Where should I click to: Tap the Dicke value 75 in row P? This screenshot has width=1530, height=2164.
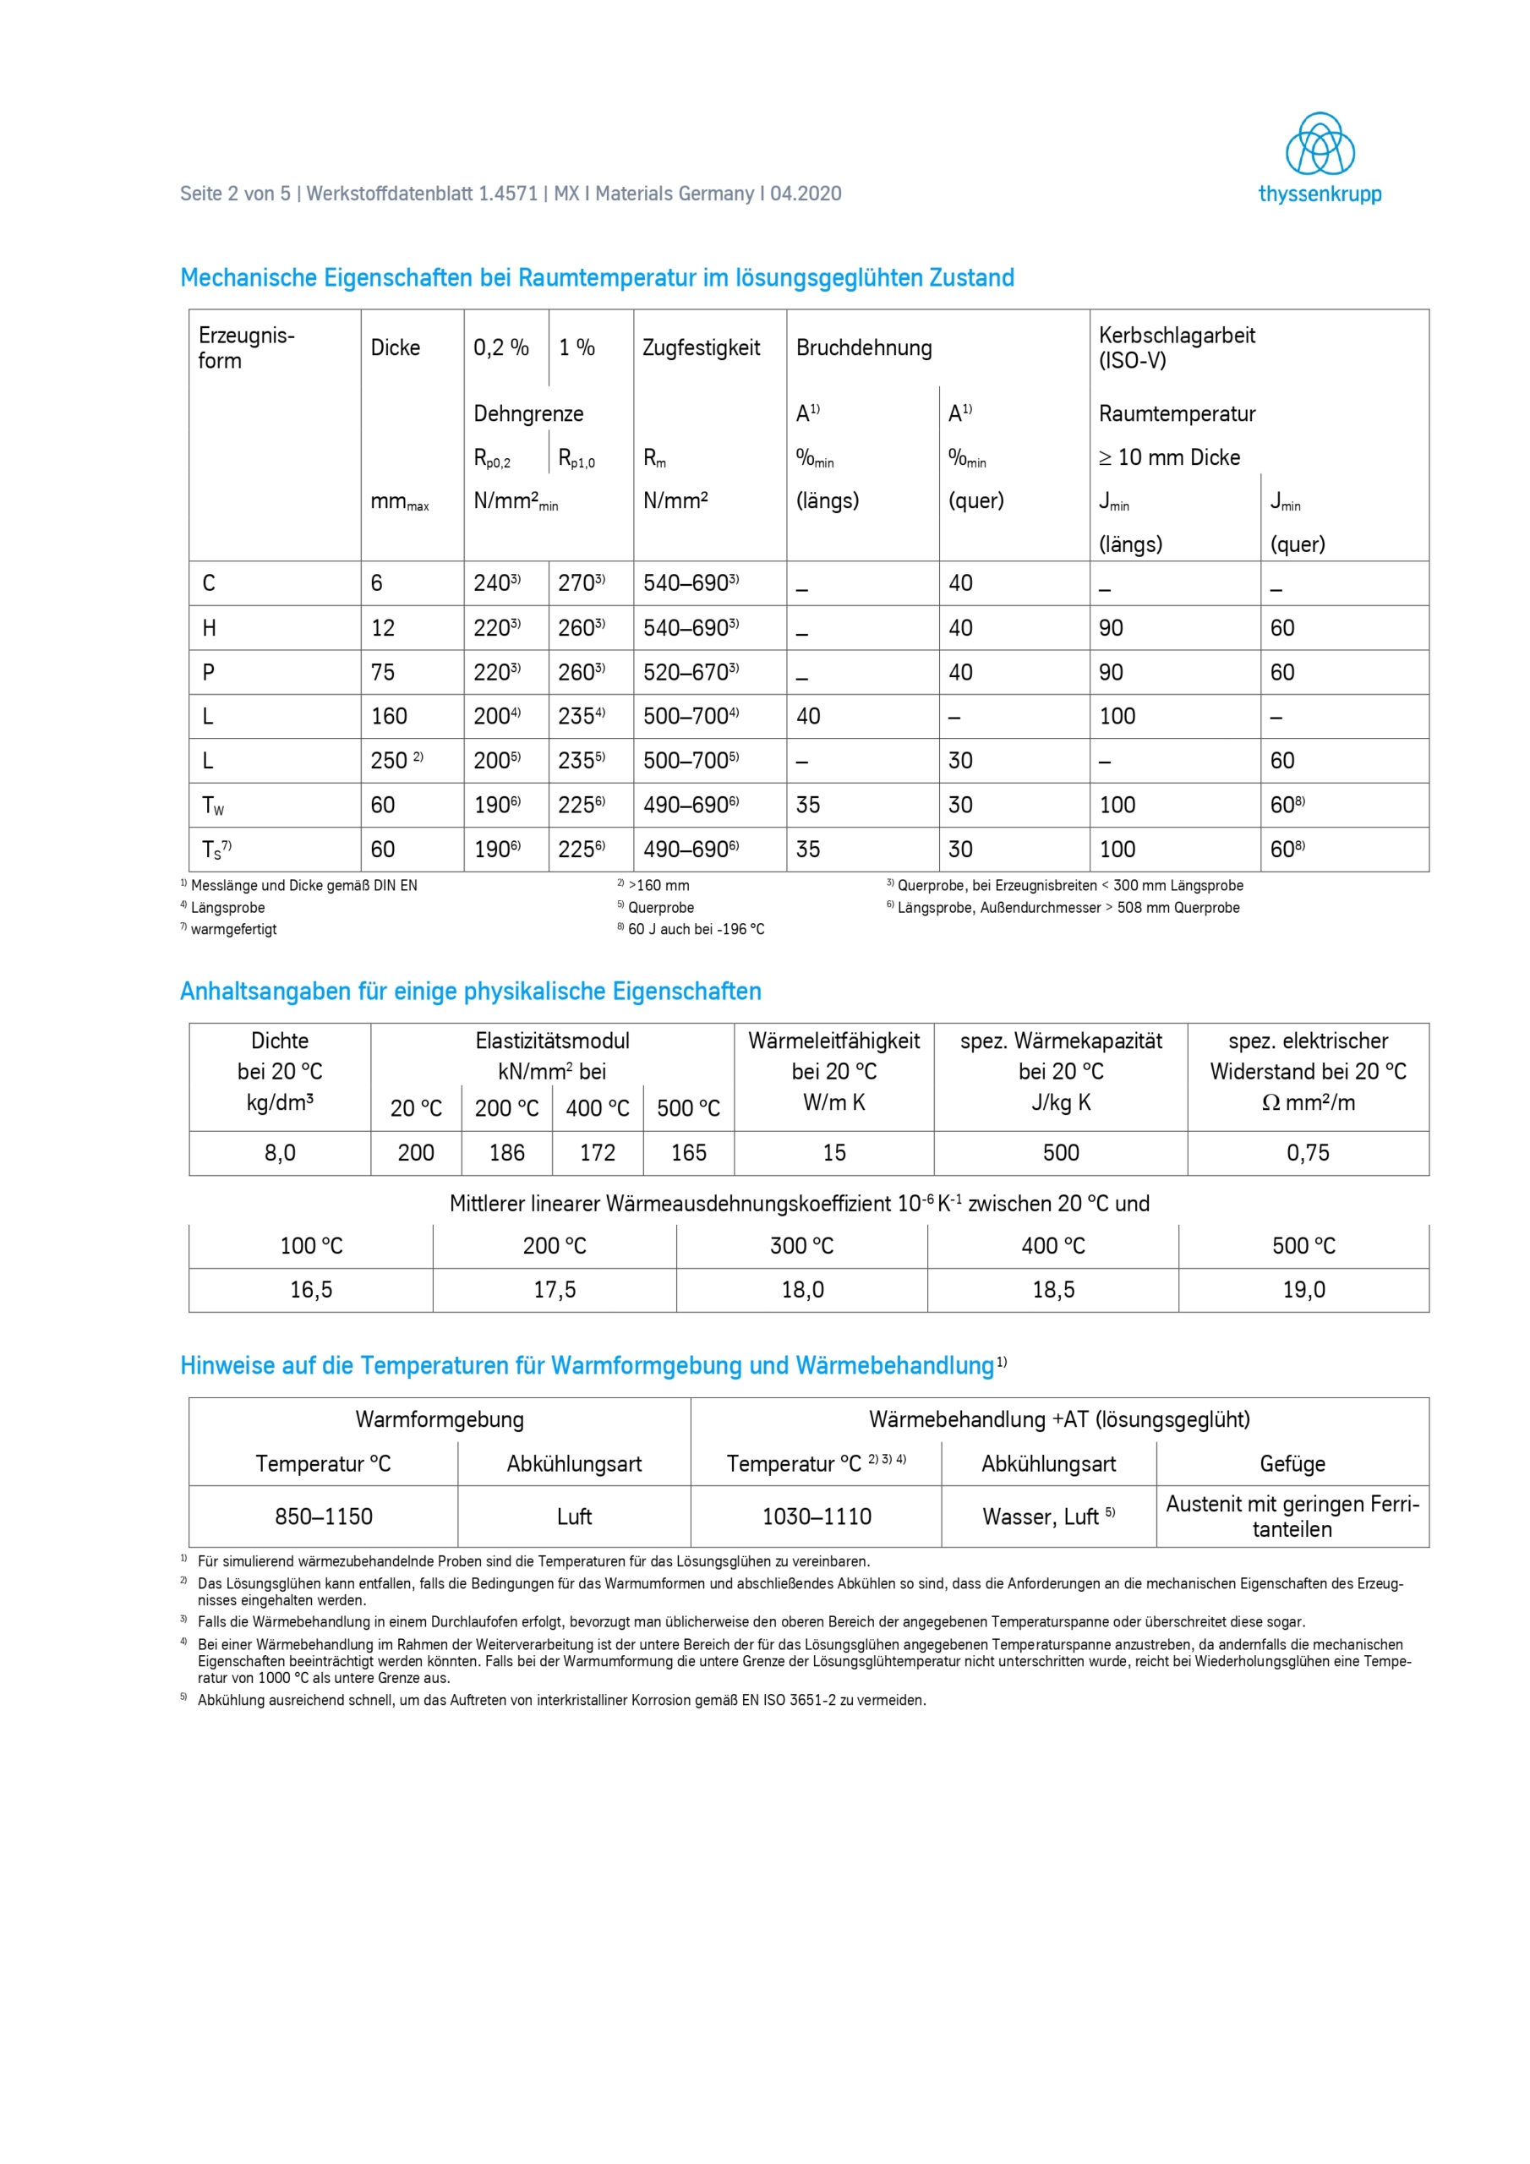[383, 672]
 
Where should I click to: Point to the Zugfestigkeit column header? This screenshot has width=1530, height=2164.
[701, 347]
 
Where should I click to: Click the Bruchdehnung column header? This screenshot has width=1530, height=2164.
[864, 347]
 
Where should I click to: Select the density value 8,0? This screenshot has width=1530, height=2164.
[280, 1153]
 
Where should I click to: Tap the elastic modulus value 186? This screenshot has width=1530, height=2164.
[506, 1153]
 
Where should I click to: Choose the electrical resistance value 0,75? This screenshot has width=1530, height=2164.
[1308, 1153]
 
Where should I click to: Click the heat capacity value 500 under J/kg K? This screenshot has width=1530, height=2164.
[1061, 1153]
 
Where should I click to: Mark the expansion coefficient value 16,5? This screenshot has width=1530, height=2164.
[311, 1289]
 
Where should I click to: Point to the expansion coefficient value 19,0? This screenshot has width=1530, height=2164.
[1303, 1289]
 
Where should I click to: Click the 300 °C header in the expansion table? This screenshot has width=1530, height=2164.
[801, 1246]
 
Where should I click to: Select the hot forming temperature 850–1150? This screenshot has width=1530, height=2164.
[324, 1516]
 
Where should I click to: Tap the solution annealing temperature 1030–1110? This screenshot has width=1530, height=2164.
[817, 1516]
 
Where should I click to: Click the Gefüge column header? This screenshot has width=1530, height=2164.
[1292, 1464]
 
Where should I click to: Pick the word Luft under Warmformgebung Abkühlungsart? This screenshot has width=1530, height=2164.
[574, 1516]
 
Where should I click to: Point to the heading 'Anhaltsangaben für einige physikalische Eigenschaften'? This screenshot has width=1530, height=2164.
[470, 992]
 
